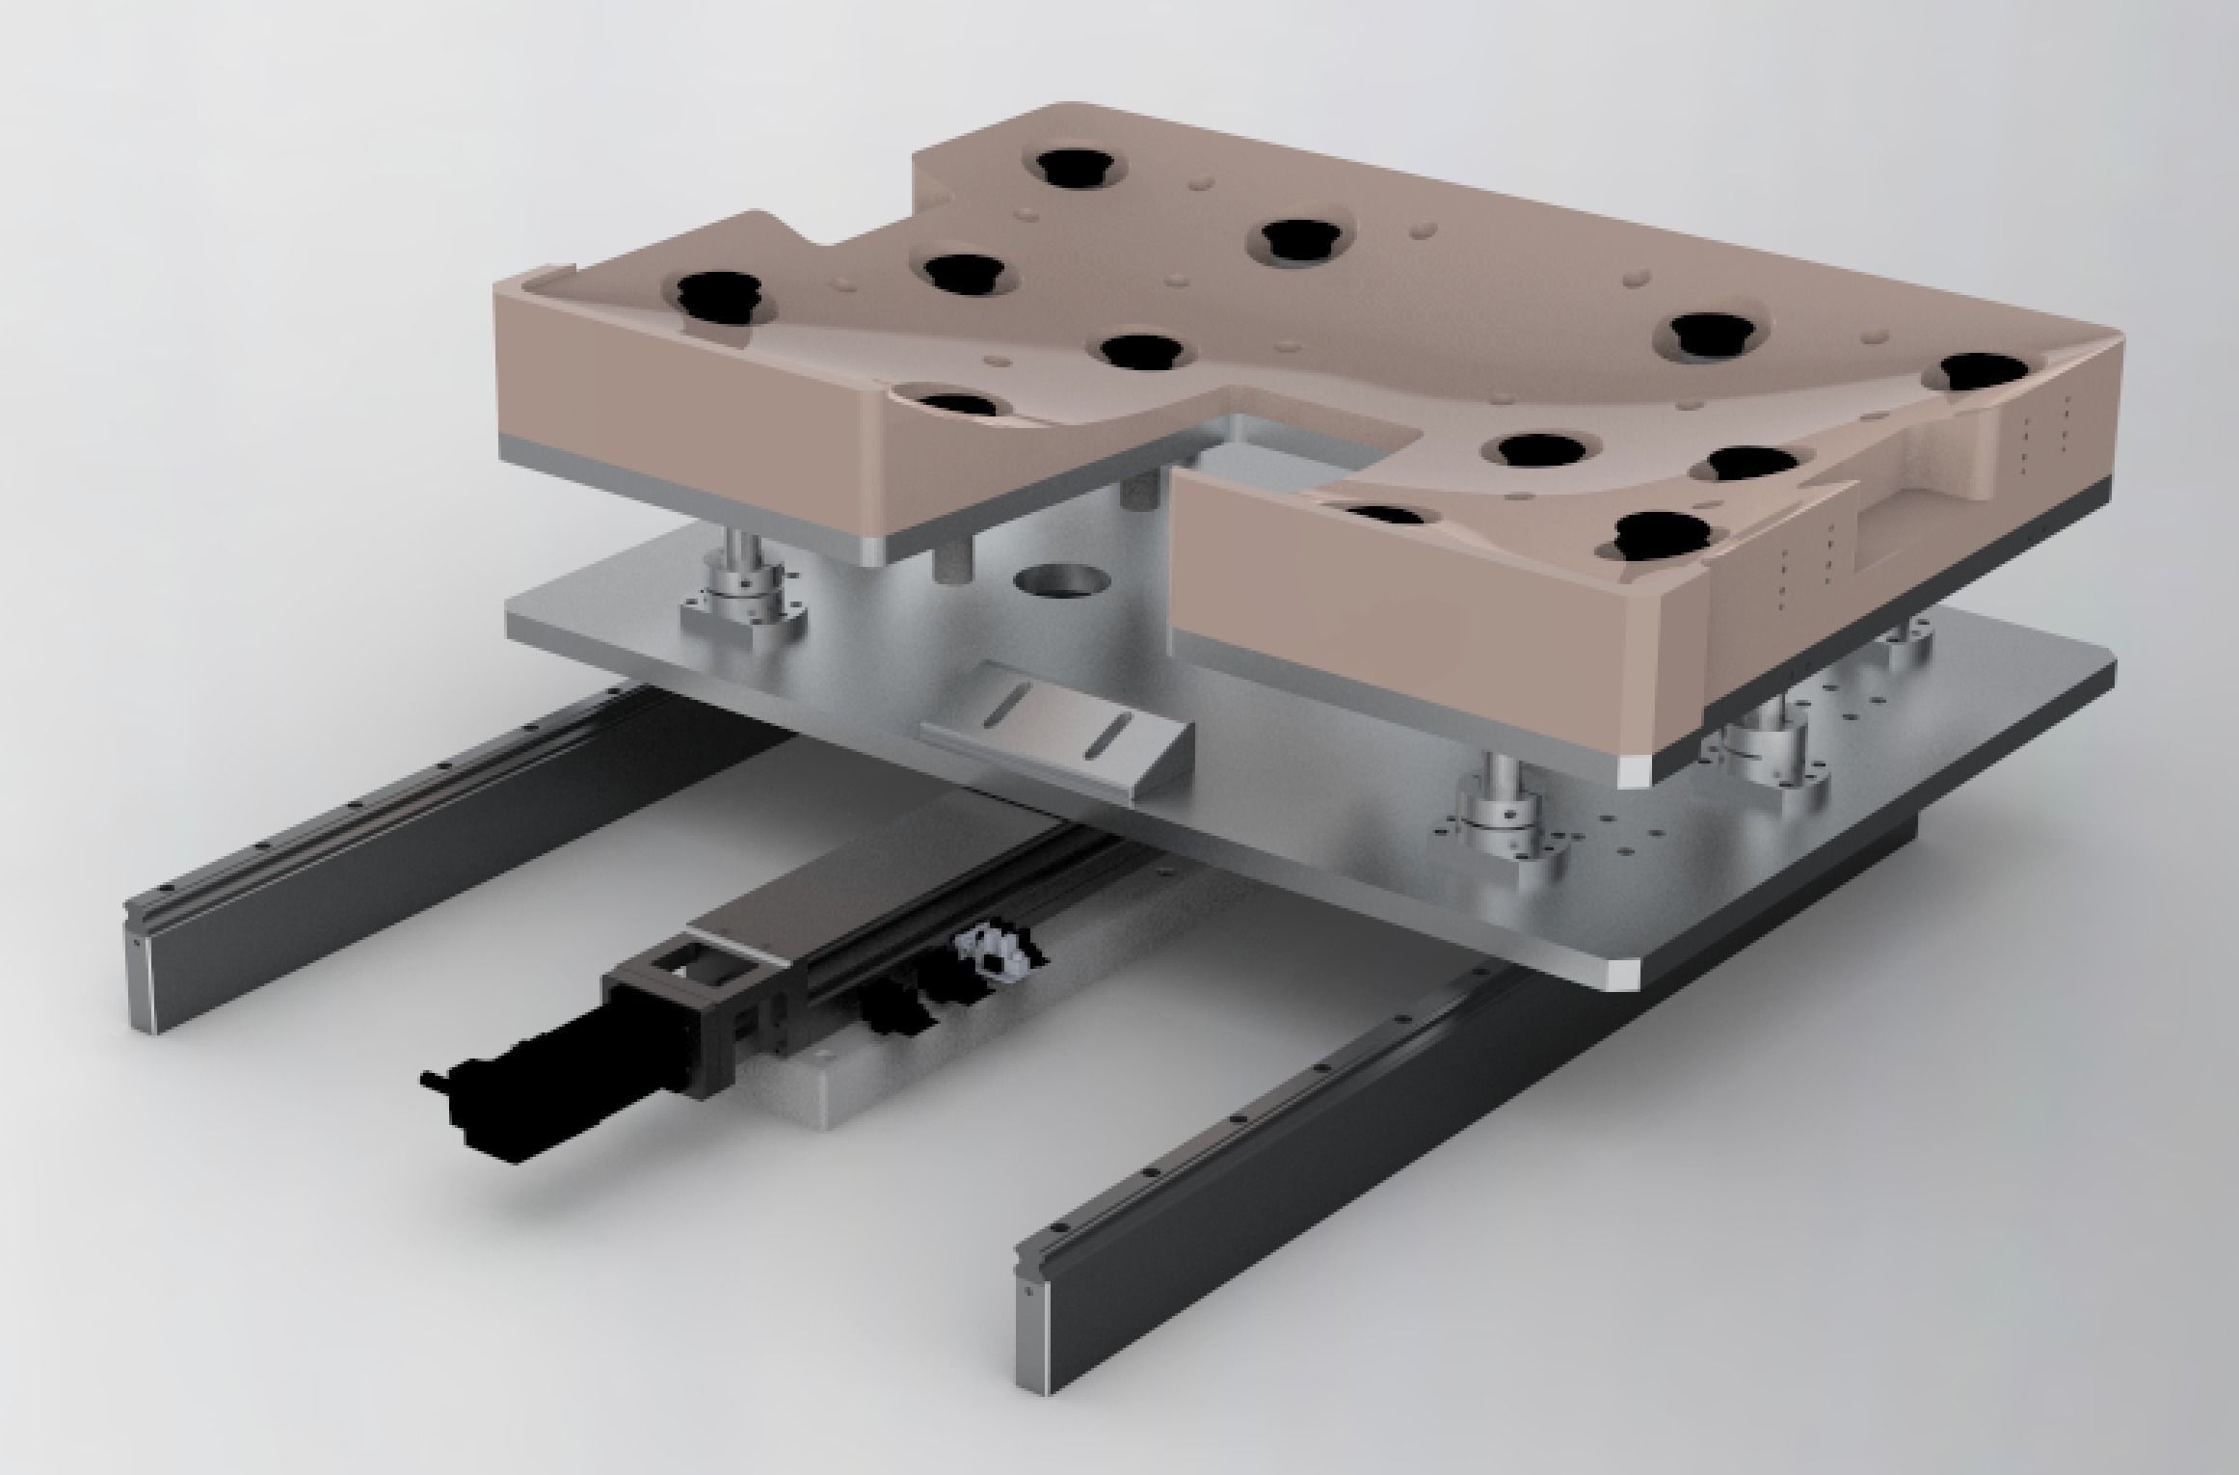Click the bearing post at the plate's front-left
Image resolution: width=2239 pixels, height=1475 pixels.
tap(742, 578)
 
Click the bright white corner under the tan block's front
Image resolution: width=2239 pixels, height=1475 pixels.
tap(1637, 771)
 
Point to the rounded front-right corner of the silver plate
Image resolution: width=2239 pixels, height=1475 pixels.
tap(1913, 974)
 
